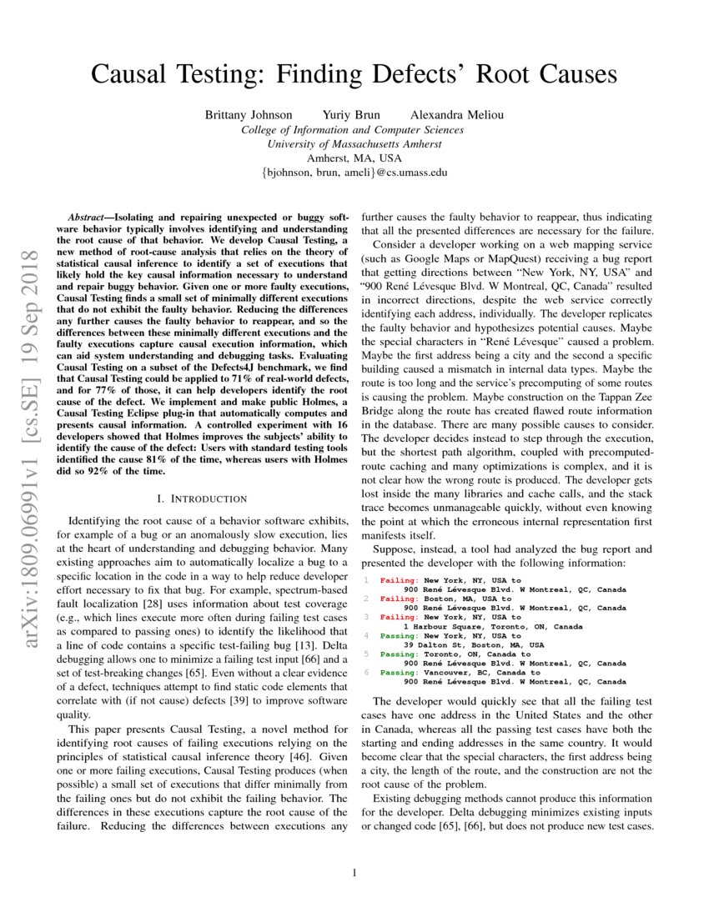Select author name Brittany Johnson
pos(249,115)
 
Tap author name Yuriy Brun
pos(351,115)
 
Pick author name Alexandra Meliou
pos(456,115)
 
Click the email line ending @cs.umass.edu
pos(354,173)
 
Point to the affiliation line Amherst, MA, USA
pos(354,158)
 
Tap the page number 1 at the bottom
pos(354,873)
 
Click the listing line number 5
pos(367,654)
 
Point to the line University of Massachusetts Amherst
pos(354,144)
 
